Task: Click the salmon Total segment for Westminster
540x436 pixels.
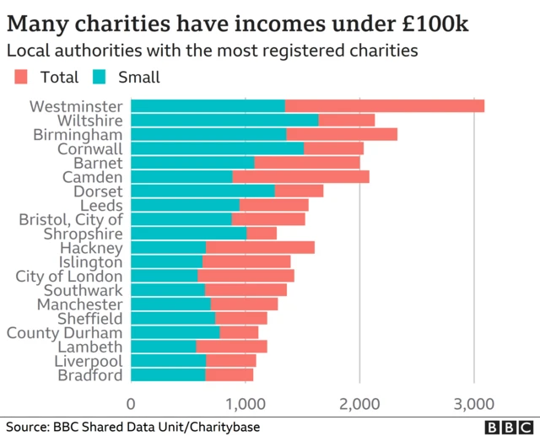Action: click(x=384, y=106)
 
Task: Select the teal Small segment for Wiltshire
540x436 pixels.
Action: click(x=224, y=121)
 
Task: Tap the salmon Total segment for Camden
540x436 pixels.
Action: click(x=300, y=177)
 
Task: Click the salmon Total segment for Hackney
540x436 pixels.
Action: click(x=260, y=248)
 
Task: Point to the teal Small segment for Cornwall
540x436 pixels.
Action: click(x=218, y=148)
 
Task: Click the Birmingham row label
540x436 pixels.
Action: click(x=78, y=135)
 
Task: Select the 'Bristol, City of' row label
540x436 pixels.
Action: click(x=71, y=219)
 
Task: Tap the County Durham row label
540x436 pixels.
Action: click(x=65, y=333)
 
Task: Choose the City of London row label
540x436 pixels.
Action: click(x=70, y=276)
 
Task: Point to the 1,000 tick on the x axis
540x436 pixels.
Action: click(x=246, y=402)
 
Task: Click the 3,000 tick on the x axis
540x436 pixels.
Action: click(x=473, y=402)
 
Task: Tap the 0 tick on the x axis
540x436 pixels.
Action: click(x=132, y=402)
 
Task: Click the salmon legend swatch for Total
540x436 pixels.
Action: click(x=21, y=78)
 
